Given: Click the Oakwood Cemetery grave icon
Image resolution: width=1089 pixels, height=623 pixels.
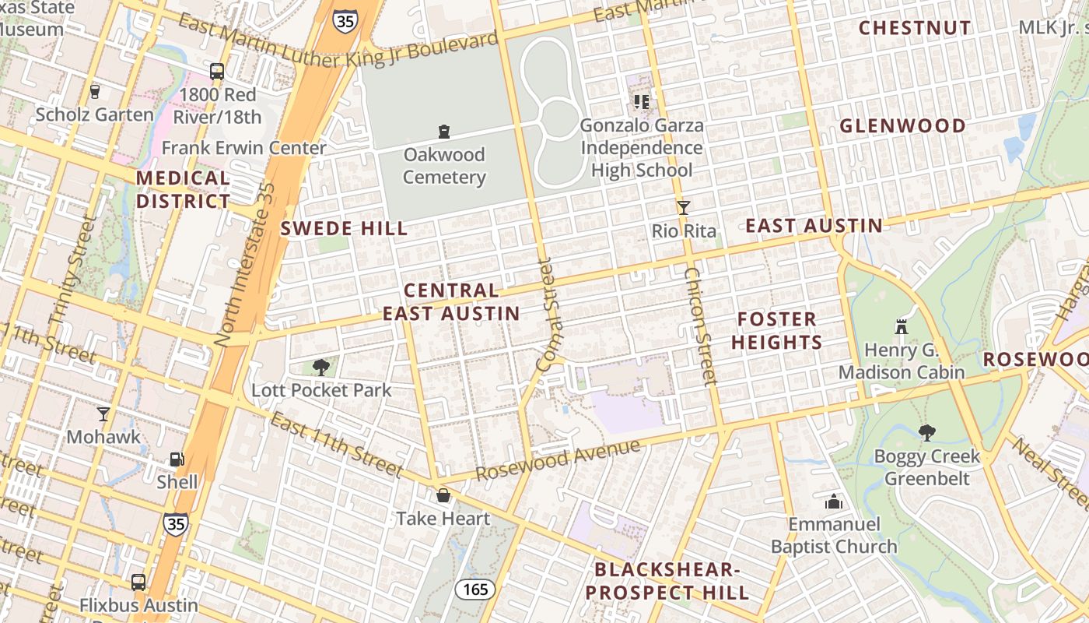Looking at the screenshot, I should [x=444, y=131].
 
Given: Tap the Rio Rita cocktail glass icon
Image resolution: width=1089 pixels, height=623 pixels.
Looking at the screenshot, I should [x=683, y=208].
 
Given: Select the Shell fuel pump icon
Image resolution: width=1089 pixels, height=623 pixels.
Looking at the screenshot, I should [x=177, y=459].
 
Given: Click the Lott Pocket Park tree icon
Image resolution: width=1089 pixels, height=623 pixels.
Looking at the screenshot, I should [x=320, y=367].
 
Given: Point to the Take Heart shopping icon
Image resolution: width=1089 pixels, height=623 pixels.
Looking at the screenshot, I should [x=443, y=495].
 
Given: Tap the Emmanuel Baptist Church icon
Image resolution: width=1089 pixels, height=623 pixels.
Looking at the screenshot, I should [x=834, y=502].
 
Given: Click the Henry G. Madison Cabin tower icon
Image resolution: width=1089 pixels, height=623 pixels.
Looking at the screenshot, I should [x=902, y=327].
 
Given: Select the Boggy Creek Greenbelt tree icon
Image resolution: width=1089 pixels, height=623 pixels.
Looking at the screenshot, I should [x=926, y=433].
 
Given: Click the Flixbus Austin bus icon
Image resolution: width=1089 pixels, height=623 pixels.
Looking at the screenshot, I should [x=138, y=582].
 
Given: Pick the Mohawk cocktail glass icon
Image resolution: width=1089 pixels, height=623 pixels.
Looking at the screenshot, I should [x=103, y=414].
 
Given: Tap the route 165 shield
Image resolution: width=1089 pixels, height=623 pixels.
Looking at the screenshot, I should [x=475, y=589].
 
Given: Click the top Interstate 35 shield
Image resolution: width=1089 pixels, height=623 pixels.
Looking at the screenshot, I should [x=345, y=20].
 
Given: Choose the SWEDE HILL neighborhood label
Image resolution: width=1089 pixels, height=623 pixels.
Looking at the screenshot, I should [x=344, y=228].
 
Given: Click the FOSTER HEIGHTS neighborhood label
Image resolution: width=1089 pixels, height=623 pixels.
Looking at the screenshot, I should [x=776, y=330].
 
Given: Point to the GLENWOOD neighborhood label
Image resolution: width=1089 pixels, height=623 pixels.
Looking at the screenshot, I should [x=902, y=125].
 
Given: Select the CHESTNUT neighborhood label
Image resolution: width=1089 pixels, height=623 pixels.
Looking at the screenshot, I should [x=915, y=28].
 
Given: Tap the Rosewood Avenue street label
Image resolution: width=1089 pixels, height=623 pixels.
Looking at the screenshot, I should [x=558, y=460].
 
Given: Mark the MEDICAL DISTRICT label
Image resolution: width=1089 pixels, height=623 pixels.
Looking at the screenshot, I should [x=183, y=189].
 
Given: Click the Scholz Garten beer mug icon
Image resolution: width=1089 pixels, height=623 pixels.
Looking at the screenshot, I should [x=95, y=91].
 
